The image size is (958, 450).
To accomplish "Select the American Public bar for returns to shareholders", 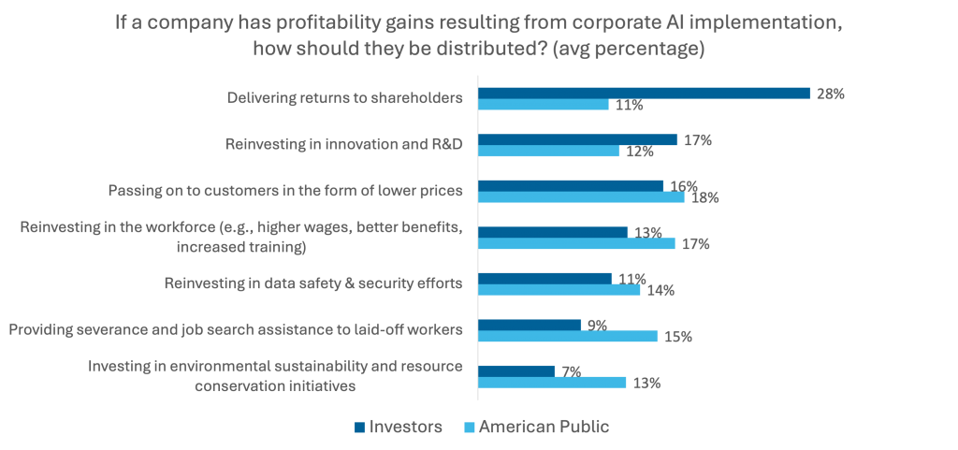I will pyautogui.click(x=544, y=105).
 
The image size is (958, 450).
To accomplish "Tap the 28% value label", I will pyautogui.click(x=830, y=94).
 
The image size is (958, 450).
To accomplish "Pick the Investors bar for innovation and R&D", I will pyautogui.click(x=578, y=139).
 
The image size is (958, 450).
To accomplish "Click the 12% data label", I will pyautogui.click(x=639, y=152).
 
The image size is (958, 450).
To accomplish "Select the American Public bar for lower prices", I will pyautogui.click(x=581, y=197).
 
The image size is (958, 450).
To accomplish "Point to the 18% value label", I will pyautogui.click(x=704, y=198).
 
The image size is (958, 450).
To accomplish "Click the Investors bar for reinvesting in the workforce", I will pyautogui.click(x=553, y=231).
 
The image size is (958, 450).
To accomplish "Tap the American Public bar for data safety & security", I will pyautogui.click(x=559, y=290).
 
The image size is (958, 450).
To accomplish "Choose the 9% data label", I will pyautogui.click(x=596, y=325).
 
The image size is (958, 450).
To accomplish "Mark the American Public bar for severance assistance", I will pyautogui.click(x=568, y=336).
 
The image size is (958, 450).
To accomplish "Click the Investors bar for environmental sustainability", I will pyautogui.click(x=516, y=370).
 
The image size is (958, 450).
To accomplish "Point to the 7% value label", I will pyautogui.click(x=570, y=371).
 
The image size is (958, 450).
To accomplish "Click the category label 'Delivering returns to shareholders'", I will pyautogui.click(x=345, y=96).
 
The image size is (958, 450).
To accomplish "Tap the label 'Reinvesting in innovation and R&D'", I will pyautogui.click(x=344, y=144).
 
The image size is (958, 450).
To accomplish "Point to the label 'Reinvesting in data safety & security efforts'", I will pyautogui.click(x=313, y=283).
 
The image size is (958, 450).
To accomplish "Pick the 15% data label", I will pyautogui.click(x=678, y=337).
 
